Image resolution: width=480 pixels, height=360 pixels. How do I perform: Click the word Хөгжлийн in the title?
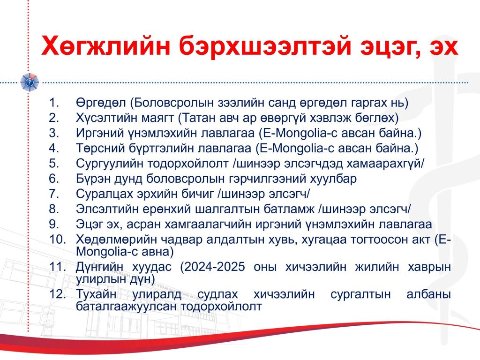click(105, 46)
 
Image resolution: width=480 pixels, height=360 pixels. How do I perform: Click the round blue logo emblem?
click(30, 82)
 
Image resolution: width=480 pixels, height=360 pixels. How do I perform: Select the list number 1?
click(53, 103)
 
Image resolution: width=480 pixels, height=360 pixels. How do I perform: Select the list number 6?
click(53, 179)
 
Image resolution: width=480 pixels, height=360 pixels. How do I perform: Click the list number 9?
click(53, 224)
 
